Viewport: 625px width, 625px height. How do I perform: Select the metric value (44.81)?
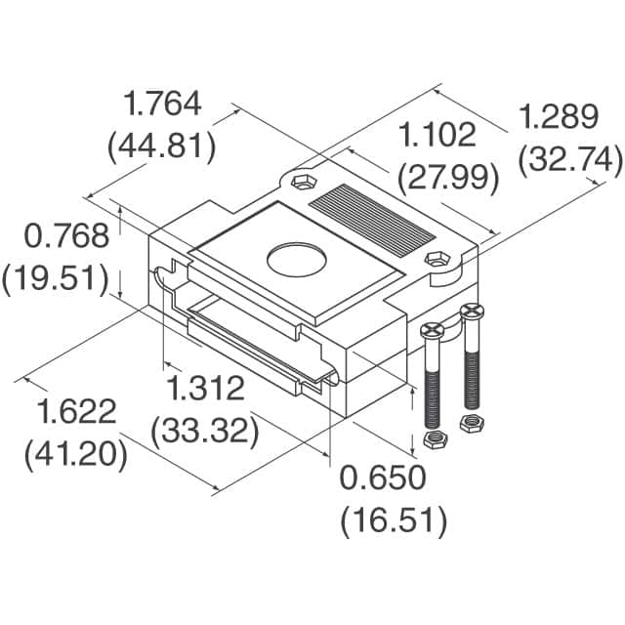[160, 146]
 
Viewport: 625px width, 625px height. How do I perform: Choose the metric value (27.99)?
[448, 178]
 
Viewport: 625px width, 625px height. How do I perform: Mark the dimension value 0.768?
[53, 236]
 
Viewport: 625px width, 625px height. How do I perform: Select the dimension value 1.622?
[78, 412]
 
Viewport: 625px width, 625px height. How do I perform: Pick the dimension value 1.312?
[205, 388]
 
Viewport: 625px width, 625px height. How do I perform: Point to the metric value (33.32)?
[205, 430]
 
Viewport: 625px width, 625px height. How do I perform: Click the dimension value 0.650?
[383, 478]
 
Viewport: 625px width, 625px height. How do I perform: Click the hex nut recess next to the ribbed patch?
[302, 183]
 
